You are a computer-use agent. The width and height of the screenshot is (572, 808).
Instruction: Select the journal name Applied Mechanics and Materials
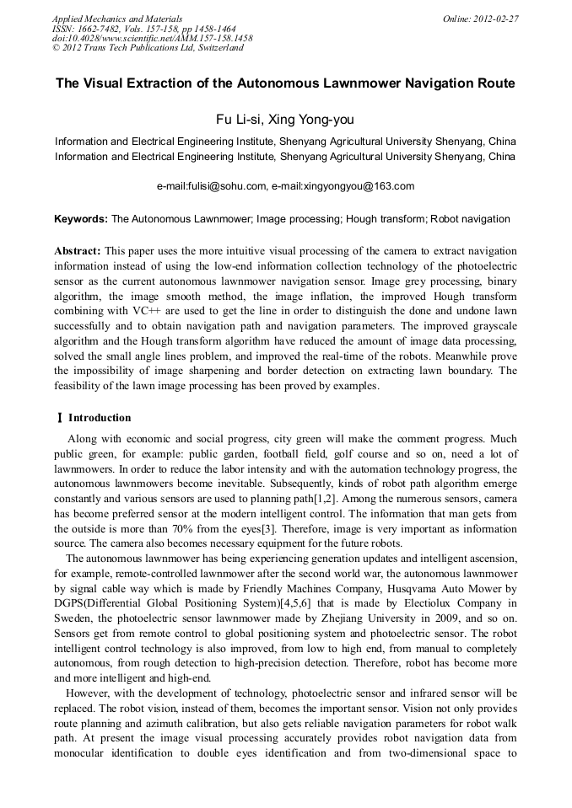(x=116, y=18)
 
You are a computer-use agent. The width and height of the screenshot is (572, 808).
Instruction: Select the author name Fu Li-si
(x=241, y=120)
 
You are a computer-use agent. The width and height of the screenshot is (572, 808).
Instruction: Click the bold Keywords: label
(x=81, y=219)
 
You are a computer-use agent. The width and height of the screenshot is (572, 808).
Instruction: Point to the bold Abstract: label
(x=78, y=251)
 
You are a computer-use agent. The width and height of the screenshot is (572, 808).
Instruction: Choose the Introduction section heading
(x=100, y=418)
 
